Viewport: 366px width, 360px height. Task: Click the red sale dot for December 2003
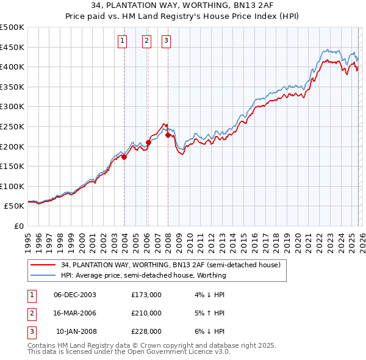click(x=124, y=157)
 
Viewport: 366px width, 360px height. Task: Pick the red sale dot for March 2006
click(x=148, y=142)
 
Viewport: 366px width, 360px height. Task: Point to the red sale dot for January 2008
click(x=168, y=135)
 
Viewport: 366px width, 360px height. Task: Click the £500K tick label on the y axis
click(x=12, y=27)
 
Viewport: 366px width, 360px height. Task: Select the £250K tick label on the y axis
click(x=12, y=126)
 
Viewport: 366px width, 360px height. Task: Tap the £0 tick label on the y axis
click(x=18, y=226)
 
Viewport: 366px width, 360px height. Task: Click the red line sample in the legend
click(x=43, y=265)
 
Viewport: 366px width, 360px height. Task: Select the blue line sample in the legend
click(x=43, y=275)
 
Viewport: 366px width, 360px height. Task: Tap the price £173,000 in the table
click(x=146, y=294)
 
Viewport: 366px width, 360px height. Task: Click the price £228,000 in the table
click(x=146, y=331)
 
